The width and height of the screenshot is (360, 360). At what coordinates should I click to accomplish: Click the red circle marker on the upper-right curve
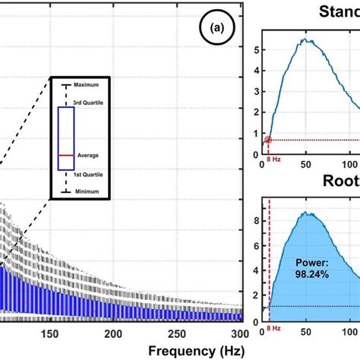coord(268,140)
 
